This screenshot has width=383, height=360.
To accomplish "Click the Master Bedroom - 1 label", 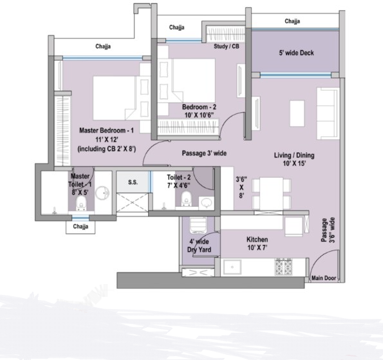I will [x=106, y=131].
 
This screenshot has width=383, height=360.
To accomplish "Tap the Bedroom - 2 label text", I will [x=198, y=106].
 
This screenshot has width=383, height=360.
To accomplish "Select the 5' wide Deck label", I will [x=297, y=53].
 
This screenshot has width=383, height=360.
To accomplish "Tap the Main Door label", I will [x=324, y=278].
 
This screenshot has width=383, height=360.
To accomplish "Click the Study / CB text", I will [x=226, y=46].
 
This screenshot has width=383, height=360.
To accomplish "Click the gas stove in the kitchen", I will [x=284, y=266].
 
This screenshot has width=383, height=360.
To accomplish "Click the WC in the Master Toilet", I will [x=80, y=205].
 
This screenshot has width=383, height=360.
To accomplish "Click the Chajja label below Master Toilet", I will [x=80, y=227].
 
